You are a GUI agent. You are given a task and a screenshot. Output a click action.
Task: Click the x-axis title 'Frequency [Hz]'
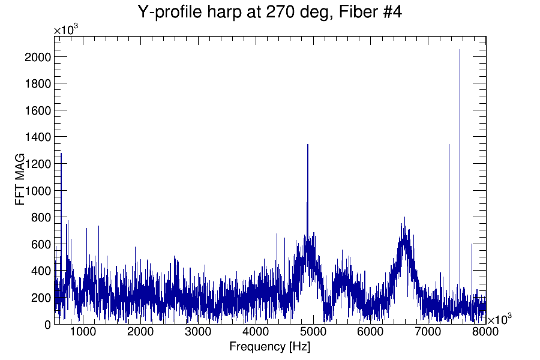point(269,346)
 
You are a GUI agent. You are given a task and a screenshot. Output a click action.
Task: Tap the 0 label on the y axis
point(47,324)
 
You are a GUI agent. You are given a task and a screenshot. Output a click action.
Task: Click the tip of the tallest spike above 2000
point(460,50)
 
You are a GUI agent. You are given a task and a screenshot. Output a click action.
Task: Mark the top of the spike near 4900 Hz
point(307,145)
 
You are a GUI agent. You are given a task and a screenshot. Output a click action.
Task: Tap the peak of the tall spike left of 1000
point(61,154)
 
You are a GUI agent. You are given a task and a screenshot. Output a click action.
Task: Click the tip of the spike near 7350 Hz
point(449,145)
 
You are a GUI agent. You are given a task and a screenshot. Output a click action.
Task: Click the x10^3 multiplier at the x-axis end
point(500,319)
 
